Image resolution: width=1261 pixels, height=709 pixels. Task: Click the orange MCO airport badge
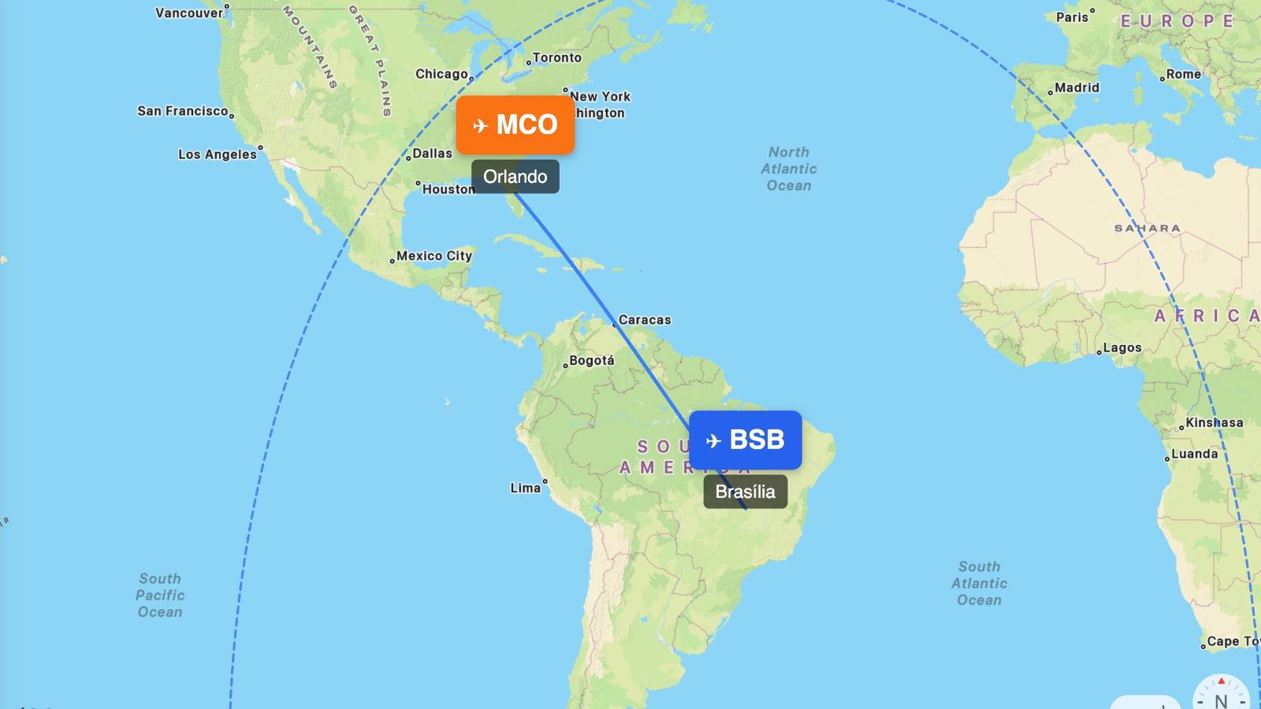pos(515,124)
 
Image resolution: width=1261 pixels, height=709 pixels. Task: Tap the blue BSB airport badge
pos(746,440)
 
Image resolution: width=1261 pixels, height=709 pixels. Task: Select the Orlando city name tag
pos(515,176)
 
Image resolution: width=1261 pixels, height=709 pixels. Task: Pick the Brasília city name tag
pos(746,492)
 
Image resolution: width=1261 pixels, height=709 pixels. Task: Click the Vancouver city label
pos(189,13)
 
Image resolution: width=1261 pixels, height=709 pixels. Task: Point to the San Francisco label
pos(183,111)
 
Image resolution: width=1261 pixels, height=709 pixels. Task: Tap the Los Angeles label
pos(218,154)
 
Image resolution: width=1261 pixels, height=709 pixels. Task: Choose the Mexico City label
pos(434,256)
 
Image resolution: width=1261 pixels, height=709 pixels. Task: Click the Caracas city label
pos(645,320)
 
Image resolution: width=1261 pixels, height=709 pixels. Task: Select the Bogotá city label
pos(591,361)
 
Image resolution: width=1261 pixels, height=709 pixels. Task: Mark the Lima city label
pos(526,488)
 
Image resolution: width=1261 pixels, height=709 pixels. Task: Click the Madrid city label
pos(1077,87)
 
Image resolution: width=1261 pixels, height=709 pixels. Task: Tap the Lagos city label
pos(1122,347)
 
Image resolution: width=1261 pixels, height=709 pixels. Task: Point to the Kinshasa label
pos(1215,422)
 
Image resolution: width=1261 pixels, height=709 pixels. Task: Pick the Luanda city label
pos(1195,454)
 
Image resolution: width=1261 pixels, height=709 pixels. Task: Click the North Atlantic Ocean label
pos(789,169)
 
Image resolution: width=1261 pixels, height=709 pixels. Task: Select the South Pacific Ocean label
pos(160,595)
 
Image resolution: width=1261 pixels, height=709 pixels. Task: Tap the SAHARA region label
pos(1148,228)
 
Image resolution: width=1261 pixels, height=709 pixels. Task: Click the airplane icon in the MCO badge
pos(480,126)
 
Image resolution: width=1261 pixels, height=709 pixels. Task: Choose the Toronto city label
pos(557,58)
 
